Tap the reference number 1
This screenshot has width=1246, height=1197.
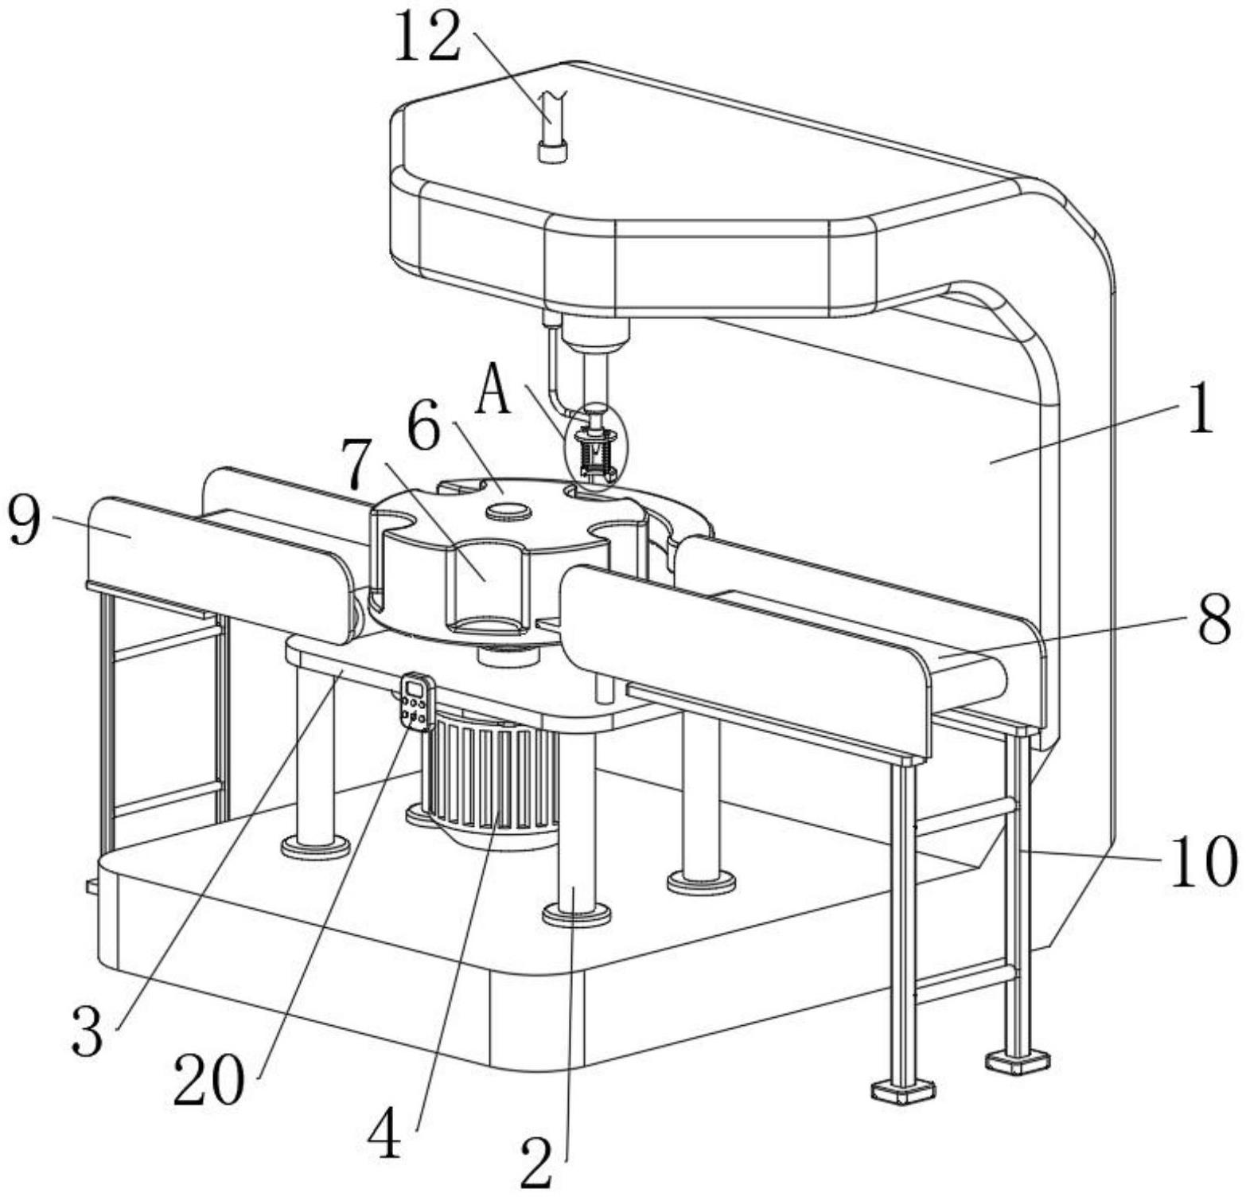(1199, 407)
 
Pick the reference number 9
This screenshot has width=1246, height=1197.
(25, 520)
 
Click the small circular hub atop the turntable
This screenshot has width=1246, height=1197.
(509, 510)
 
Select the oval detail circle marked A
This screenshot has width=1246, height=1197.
(596, 445)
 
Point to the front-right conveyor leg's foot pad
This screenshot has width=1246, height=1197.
(903, 1090)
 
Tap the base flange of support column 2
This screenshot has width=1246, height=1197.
(577, 914)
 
